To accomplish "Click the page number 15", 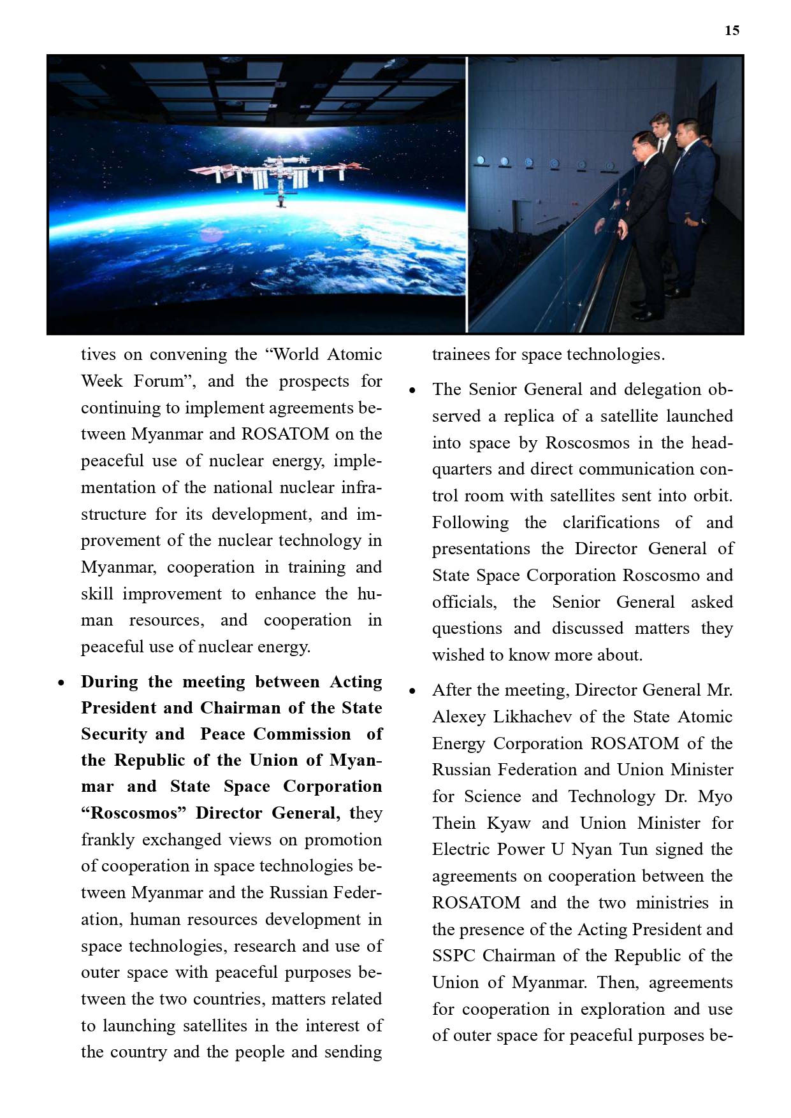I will tap(732, 31).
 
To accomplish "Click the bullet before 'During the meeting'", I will tap(61, 683).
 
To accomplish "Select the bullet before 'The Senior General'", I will tap(412, 390).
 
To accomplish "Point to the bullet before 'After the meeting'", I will tap(412, 691).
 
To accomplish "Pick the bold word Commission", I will tap(302, 734).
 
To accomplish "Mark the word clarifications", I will tap(611, 522).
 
